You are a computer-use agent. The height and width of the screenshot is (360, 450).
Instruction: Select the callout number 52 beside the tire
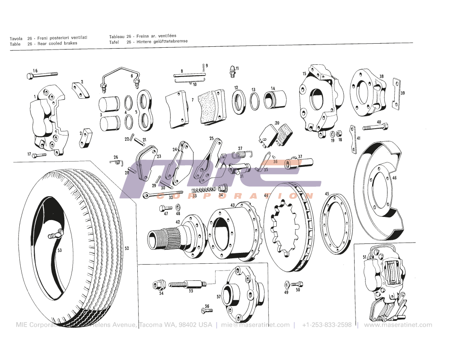[127, 248]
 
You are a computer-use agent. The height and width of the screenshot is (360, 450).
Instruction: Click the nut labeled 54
[157, 285]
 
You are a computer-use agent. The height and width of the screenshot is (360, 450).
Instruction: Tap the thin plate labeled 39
[396, 94]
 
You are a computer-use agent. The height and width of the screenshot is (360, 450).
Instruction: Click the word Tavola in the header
[16, 39]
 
